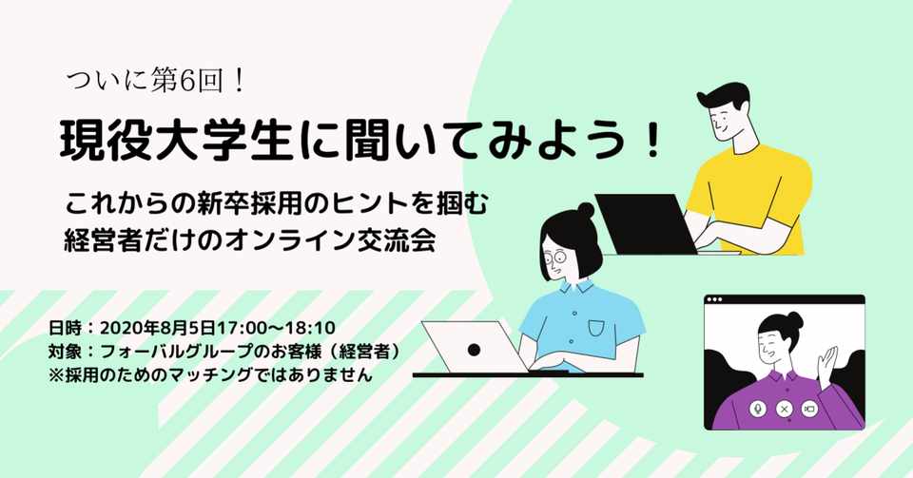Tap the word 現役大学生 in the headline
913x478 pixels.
pyautogui.click(x=151, y=142)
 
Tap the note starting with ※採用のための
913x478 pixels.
pyautogui.click(x=209, y=374)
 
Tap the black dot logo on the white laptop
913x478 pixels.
pyautogui.click(x=474, y=350)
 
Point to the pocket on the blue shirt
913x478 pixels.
pyautogui.click(x=596, y=328)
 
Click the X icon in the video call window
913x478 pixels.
pyautogui.click(x=785, y=409)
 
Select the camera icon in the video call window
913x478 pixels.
pyautogui.click(x=810, y=409)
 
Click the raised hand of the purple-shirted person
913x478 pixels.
pyautogui.click(x=829, y=362)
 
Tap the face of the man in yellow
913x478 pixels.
pyautogui.click(x=723, y=119)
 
